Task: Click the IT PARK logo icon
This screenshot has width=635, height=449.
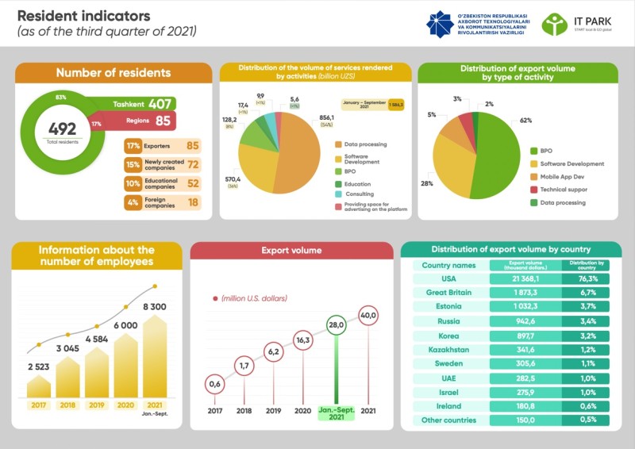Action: point(554,24)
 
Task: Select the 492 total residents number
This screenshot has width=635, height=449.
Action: point(62,129)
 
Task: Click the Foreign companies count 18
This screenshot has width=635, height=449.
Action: point(192,202)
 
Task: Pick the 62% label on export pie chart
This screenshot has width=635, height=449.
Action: point(525,120)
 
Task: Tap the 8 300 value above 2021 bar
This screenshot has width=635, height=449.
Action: point(155,306)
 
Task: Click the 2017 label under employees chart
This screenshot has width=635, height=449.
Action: point(38,405)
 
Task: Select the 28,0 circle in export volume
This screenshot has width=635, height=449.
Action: point(337,325)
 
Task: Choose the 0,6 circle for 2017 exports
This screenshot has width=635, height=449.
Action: point(214,385)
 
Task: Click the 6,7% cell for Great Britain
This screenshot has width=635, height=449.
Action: point(588,293)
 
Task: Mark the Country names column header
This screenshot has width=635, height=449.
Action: point(448,265)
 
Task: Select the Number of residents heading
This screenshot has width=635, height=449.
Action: point(113,73)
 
